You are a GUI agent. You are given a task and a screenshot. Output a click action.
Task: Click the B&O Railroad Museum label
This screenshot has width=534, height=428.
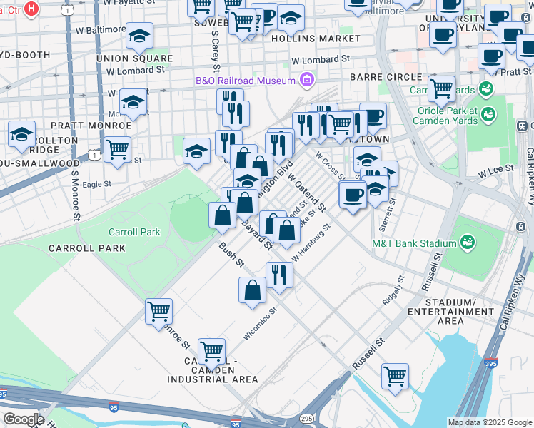[x=245, y=80]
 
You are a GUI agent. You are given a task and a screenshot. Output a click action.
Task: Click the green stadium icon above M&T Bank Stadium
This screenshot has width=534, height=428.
[x=468, y=243]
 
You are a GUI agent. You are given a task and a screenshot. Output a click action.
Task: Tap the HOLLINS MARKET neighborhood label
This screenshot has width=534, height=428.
[x=316, y=37]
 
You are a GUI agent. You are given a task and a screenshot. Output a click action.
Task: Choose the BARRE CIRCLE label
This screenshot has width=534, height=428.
[x=386, y=77]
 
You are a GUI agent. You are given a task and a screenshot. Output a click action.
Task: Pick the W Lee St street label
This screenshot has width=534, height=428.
[x=496, y=172]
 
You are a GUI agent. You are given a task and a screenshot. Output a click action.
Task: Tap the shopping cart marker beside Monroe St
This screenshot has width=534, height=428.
[x=158, y=311]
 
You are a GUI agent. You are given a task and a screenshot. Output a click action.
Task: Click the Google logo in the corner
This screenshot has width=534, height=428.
[x=23, y=419]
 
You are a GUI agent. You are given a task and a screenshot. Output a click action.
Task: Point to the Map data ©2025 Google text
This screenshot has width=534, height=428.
[x=490, y=422]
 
